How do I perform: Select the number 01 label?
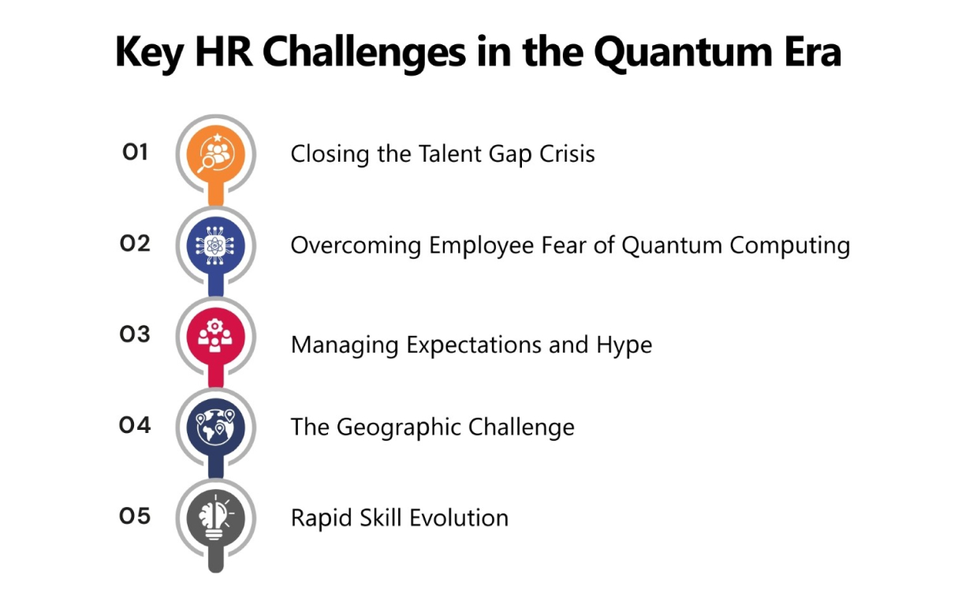tap(136, 151)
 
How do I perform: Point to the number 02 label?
tap(135, 243)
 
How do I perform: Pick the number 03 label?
tap(135, 334)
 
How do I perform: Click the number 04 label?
tap(135, 425)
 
